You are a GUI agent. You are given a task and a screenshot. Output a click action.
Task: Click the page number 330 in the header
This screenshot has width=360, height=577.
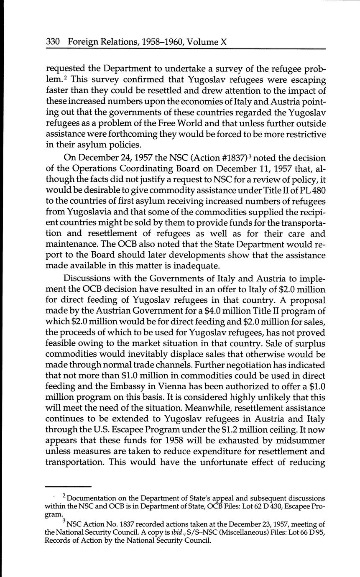tap(54, 42)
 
